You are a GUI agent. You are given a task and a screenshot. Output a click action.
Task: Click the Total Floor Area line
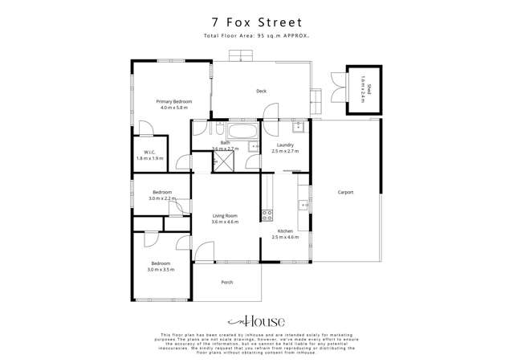pos(256,37)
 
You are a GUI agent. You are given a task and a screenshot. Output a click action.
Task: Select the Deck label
pos(261,91)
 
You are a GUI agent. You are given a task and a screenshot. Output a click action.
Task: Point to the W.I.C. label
pos(149,152)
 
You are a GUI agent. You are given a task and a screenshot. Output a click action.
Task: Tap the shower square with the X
pos(222,161)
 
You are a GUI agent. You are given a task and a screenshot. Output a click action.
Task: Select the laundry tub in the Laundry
pos(298,126)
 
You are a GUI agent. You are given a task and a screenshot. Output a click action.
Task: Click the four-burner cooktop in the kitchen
pos(267,214)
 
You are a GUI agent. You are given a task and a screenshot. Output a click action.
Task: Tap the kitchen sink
pos(304,205)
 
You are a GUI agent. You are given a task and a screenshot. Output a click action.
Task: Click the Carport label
pos(345,192)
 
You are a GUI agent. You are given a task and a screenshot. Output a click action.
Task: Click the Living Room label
pos(225,215)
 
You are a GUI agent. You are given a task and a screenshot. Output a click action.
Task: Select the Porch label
pos(226,282)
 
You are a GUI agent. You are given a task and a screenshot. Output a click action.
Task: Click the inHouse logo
pos(256,318)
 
